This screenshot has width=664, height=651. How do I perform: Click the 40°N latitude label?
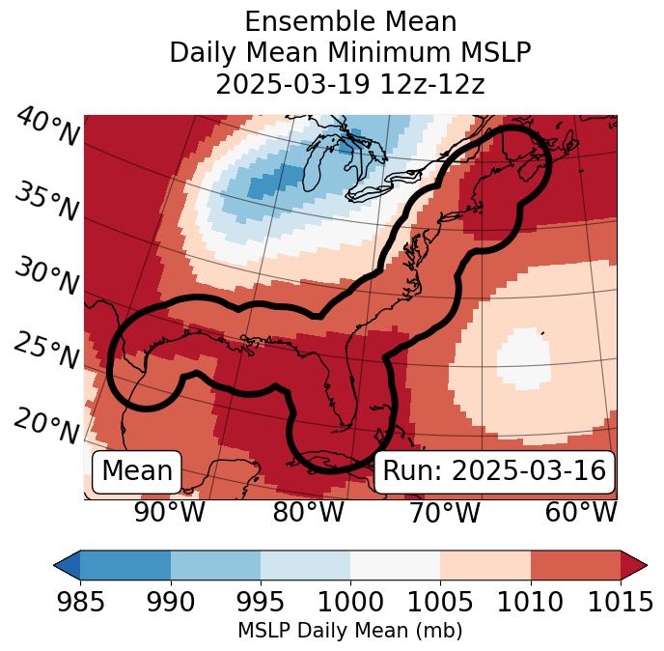tap(47, 127)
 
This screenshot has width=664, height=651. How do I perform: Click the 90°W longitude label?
tap(169, 513)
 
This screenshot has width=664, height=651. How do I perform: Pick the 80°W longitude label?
tap(308, 513)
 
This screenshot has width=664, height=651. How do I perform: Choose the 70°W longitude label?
tap(445, 513)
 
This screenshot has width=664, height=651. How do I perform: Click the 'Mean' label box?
tap(137, 471)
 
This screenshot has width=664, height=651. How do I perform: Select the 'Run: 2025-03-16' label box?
tap(494, 471)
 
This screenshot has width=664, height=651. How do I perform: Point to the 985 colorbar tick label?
tap(81, 602)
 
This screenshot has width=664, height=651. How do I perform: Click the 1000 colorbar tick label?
tap(350, 602)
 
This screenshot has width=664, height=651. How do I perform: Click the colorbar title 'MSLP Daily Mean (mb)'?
tap(350, 631)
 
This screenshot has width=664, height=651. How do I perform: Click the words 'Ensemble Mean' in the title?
tap(350, 21)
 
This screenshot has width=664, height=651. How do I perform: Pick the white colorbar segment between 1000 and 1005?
tap(395, 565)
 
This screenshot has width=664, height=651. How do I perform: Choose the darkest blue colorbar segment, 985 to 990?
tap(125, 565)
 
